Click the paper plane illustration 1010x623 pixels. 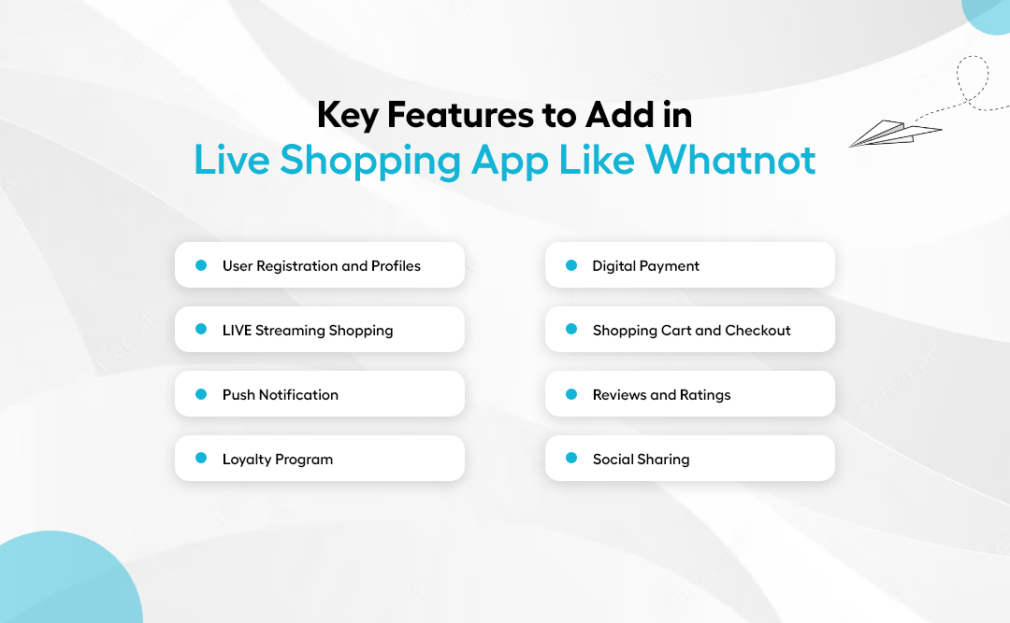coord(893,134)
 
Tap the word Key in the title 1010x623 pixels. coord(347,115)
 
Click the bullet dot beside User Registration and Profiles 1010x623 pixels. coord(200,265)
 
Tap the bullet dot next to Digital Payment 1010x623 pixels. coord(571,265)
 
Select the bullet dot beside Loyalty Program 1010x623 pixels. coord(200,459)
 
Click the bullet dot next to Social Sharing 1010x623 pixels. coord(571,459)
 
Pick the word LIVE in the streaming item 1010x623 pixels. coord(237,331)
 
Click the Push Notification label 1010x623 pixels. coord(280,395)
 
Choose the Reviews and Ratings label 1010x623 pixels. coord(661,395)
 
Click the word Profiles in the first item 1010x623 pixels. coord(396,266)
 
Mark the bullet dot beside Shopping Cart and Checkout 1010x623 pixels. coord(571,330)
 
